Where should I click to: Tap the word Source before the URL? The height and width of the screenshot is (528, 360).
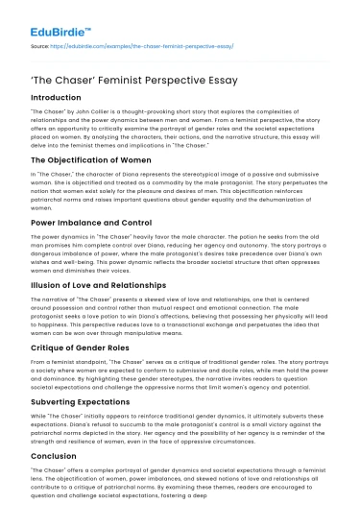pos(41,45)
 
